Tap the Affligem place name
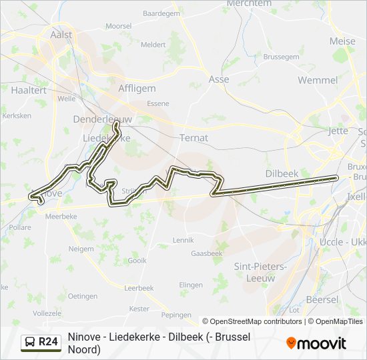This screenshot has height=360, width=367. pyautogui.click(x=137, y=88)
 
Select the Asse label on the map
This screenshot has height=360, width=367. pyautogui.click(x=219, y=79)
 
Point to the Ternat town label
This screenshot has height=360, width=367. pyautogui.click(x=194, y=138)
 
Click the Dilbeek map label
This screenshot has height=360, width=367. pyautogui.click(x=282, y=173)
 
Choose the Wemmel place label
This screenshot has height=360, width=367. pyautogui.click(x=318, y=80)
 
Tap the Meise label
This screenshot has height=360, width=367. pyautogui.click(x=342, y=41)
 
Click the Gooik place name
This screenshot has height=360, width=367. pyautogui.click(x=137, y=261)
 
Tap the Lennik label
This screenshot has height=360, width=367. pyautogui.click(x=183, y=239)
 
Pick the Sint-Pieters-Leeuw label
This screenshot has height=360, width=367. pyautogui.click(x=260, y=271)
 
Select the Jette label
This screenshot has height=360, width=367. pyautogui.click(x=338, y=131)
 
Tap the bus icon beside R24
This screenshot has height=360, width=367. pyautogui.click(x=29, y=342)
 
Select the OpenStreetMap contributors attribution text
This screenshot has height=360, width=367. pyautogui.click(x=252, y=321)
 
